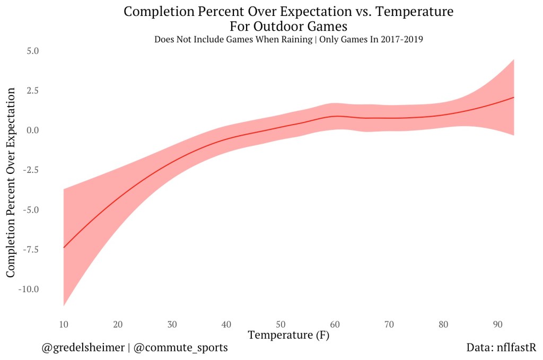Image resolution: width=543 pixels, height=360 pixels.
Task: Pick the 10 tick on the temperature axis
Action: (x=64, y=324)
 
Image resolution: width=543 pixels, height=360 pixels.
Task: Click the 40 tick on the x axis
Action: (x=226, y=324)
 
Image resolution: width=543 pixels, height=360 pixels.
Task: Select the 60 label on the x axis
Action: (x=335, y=324)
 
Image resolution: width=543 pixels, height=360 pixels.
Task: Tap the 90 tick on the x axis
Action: (x=498, y=324)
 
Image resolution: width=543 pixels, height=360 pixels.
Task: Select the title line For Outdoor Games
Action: (x=288, y=25)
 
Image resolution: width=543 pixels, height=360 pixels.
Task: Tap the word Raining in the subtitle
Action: (x=294, y=40)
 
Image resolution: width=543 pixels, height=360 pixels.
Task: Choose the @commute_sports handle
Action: (x=181, y=348)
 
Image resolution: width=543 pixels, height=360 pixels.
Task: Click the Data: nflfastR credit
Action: (x=501, y=348)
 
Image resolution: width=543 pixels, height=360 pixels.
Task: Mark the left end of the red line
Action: (x=64, y=248)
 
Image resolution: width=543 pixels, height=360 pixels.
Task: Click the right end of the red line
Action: (x=514, y=98)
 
